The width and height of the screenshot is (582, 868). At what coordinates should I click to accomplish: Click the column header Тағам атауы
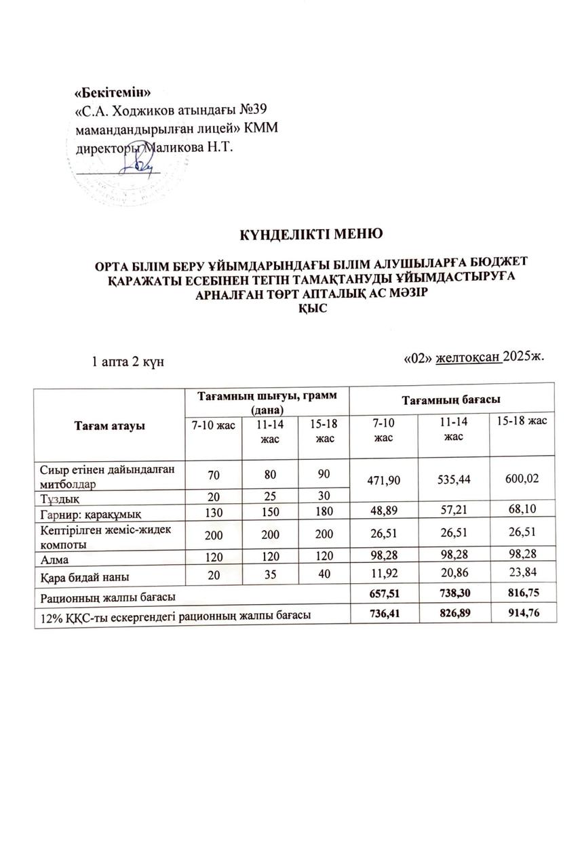(x=108, y=426)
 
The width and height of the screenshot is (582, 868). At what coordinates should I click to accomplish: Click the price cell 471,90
(x=383, y=479)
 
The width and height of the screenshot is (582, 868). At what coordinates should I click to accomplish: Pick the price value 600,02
(x=517, y=479)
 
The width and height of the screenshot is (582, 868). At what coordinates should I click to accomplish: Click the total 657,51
(x=383, y=595)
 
